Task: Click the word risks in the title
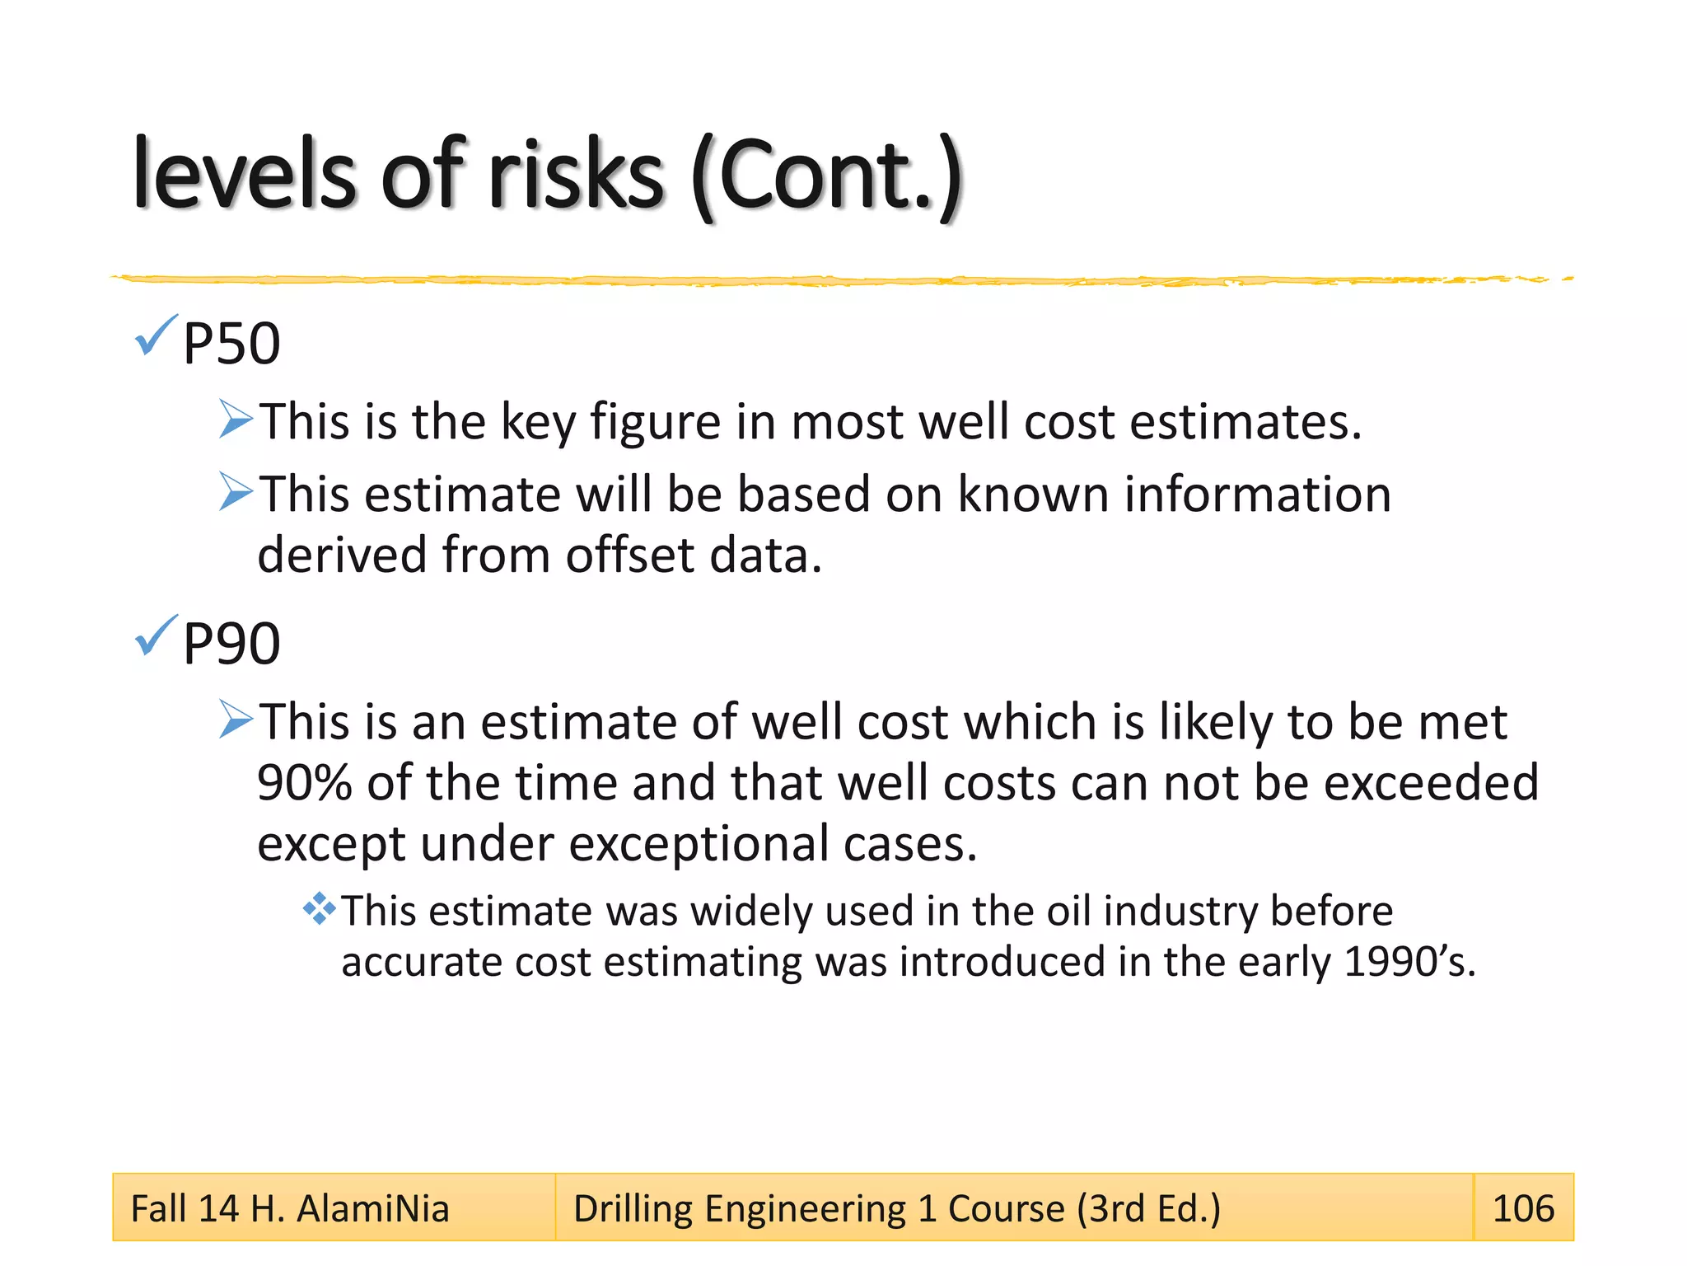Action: point(576,176)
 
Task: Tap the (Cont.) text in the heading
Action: point(827,177)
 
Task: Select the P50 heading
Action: point(231,344)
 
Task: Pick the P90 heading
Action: point(231,644)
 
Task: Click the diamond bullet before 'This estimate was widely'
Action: point(319,909)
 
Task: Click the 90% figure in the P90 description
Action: point(305,782)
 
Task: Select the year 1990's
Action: point(1409,962)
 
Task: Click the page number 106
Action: point(1523,1208)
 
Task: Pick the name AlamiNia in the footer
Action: point(372,1209)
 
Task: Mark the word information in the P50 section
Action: point(1258,495)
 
